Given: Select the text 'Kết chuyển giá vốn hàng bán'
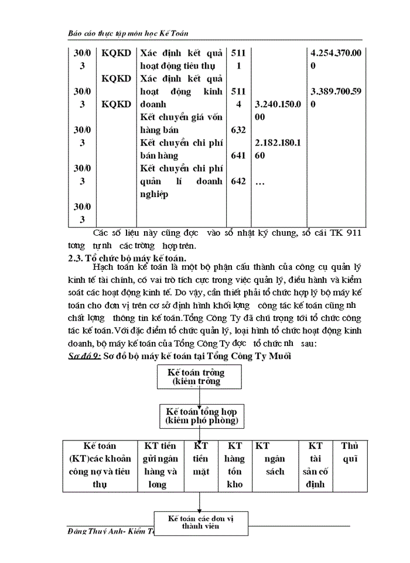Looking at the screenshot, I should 182,123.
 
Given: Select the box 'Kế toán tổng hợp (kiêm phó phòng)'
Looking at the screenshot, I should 201,416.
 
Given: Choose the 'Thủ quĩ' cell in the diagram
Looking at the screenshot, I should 349,452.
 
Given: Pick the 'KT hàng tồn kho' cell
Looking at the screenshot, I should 234,465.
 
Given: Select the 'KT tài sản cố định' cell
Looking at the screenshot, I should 315,465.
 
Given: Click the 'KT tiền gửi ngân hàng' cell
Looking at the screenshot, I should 159,465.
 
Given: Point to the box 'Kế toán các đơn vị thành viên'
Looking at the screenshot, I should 201,523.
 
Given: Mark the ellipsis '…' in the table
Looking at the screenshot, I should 261,182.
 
